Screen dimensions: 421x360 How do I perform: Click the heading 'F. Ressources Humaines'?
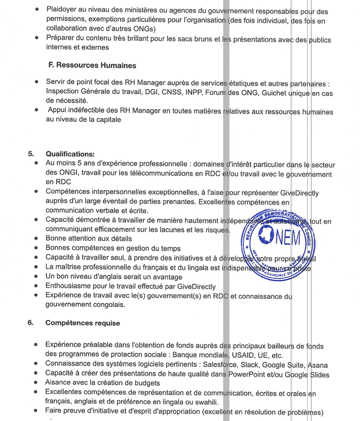[x=92, y=65]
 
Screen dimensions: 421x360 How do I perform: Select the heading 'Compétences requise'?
[x=83, y=322]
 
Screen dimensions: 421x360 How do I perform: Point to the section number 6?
[x=31, y=322]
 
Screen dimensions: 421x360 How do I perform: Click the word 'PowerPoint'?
[x=251, y=374]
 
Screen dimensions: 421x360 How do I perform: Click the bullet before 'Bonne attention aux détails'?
[x=37, y=238]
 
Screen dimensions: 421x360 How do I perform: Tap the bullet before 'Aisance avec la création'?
[x=37, y=384]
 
